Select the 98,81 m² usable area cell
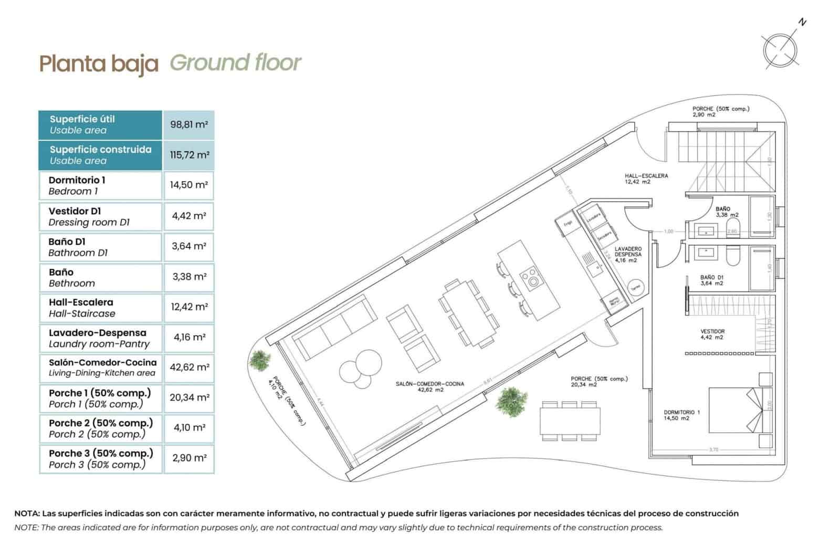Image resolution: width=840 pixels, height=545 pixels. pos(188,125)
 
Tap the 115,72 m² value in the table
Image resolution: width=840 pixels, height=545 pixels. pos(189,155)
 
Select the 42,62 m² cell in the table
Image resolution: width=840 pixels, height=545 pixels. pos(189,368)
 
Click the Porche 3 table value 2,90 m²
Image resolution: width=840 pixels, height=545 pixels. pos(189,458)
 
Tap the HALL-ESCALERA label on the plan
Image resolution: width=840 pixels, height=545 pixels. pos(646,179)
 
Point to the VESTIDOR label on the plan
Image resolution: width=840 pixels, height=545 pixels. pos(712,334)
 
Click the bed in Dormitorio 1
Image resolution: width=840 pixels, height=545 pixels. pos(734,410)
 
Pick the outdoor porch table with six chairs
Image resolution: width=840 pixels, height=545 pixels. pos(570,421)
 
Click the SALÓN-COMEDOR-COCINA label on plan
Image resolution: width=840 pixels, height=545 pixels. pos(429,387)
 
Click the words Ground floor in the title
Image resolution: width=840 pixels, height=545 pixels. pos(235,62)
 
